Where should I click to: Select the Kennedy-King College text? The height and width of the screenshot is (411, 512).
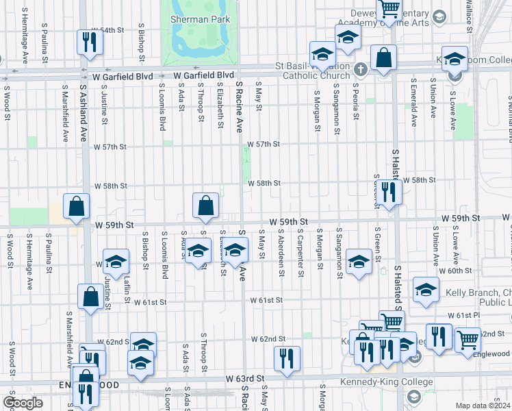click(x=387, y=382)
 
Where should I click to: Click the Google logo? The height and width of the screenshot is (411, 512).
click(x=23, y=403)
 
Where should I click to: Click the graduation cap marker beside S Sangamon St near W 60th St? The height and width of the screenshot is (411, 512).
click(x=359, y=262)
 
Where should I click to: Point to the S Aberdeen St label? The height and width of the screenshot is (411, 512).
click(x=281, y=253)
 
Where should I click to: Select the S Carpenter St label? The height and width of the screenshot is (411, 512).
click(x=300, y=253)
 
